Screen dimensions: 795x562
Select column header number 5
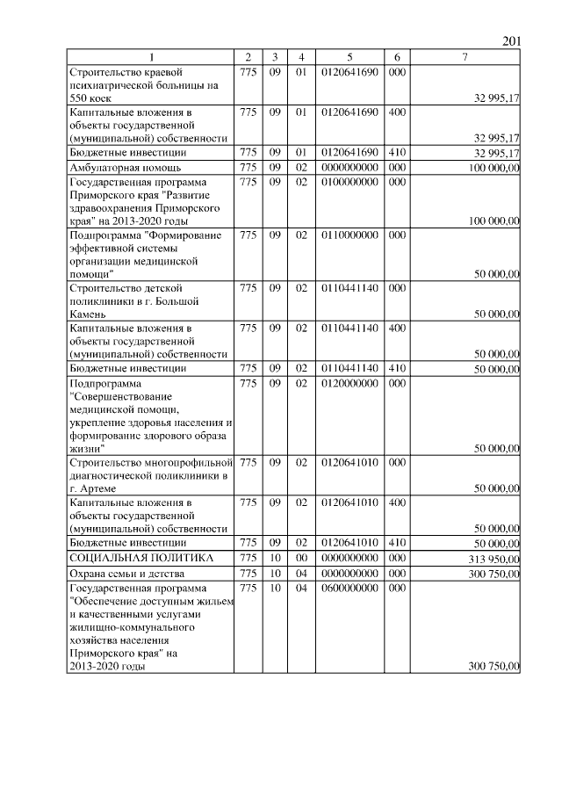tap(349, 57)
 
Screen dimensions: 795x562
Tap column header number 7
tap(465, 57)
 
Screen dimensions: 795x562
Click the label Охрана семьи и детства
tap(125, 574)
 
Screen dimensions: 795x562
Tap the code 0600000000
tap(349, 587)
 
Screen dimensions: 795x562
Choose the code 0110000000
tap(349, 235)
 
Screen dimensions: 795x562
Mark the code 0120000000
tap(349, 383)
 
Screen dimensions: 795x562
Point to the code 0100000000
tap(349, 181)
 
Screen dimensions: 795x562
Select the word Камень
tap(88, 314)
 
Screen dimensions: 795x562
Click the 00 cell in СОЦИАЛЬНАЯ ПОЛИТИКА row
tap(300, 559)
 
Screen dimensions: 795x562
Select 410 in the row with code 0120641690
tap(397, 153)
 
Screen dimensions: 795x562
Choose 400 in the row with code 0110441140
tap(397, 328)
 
